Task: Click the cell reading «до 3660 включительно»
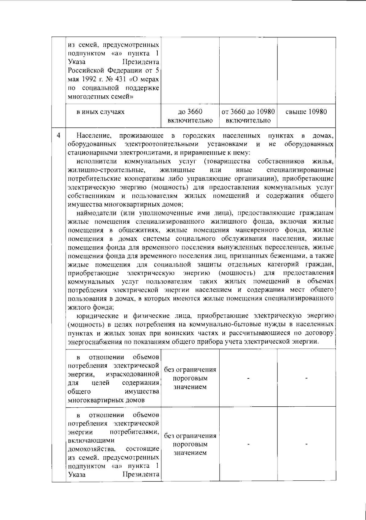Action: point(190,116)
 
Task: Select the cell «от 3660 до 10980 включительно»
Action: point(248,116)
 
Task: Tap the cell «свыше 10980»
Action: point(306,112)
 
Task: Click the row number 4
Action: point(59,135)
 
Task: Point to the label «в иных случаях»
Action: point(100,112)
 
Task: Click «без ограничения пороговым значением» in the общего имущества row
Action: point(190,378)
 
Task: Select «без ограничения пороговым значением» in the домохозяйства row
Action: point(190,444)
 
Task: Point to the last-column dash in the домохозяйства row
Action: point(306,444)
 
